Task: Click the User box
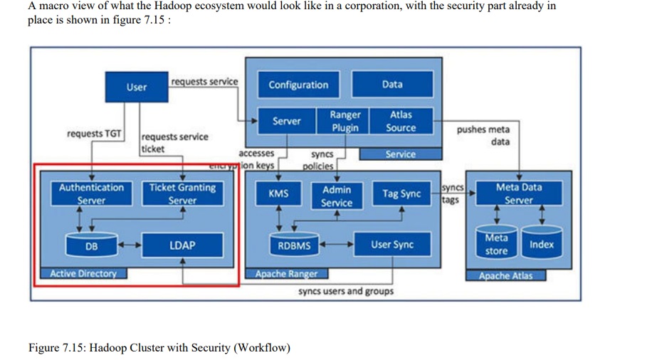point(136,87)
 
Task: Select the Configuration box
point(298,85)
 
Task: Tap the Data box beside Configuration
point(392,85)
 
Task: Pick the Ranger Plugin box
point(345,121)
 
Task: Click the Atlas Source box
point(401,121)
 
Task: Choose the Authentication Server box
point(91,194)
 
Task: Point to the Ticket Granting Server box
point(182,194)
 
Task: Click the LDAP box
point(182,245)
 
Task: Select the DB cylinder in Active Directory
point(92,245)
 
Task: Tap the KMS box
point(278,194)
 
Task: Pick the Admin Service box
point(337,196)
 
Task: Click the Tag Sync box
point(401,194)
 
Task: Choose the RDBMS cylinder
point(293,245)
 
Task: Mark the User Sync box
point(392,245)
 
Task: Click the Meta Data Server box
point(519,194)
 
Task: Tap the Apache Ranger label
point(287,274)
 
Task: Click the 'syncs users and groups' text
point(345,291)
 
